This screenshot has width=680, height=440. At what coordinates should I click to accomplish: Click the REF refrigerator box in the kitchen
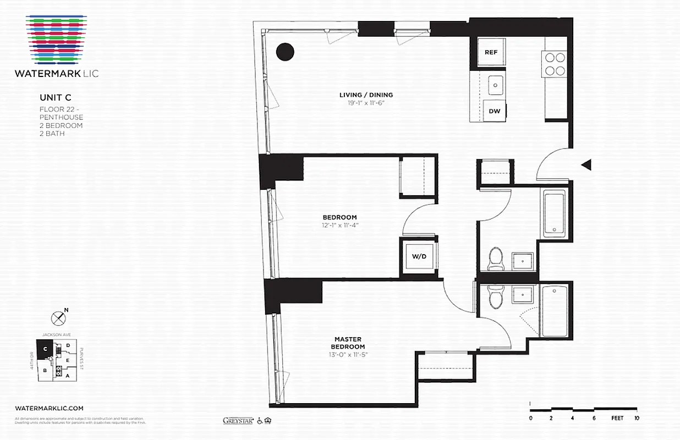click(x=491, y=52)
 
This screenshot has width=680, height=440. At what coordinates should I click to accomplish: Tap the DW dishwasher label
click(x=495, y=111)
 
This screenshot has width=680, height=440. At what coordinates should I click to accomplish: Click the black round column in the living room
click(x=285, y=52)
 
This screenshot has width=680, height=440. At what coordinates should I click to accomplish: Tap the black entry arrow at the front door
click(x=586, y=164)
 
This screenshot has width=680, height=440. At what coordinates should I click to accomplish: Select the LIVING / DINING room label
click(x=366, y=95)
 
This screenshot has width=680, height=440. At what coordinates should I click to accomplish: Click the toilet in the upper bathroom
click(x=496, y=258)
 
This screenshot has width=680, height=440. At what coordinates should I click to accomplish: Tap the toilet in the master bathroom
click(x=496, y=298)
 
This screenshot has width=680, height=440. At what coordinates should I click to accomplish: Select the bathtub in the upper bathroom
click(x=554, y=213)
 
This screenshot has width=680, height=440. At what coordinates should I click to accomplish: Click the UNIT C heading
click(x=55, y=98)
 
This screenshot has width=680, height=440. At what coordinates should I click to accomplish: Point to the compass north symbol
click(x=58, y=317)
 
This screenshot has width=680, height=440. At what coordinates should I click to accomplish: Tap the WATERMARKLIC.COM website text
click(x=49, y=408)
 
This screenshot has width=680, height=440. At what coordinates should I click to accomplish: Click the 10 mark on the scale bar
click(x=636, y=418)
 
